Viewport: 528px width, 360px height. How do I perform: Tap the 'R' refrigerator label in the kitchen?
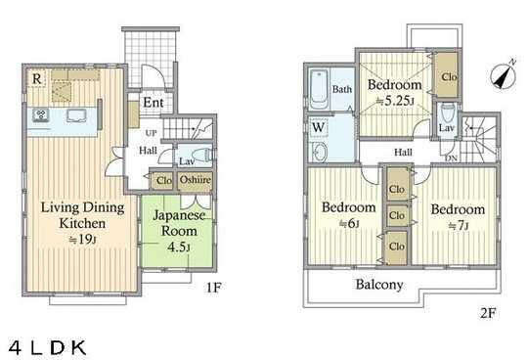coord(35,78)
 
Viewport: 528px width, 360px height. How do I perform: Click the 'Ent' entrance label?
coord(154,103)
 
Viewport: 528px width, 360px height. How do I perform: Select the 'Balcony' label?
coord(377,286)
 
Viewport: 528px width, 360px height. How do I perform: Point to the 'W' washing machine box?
coord(319,126)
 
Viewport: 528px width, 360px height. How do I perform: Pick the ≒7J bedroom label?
coord(458,216)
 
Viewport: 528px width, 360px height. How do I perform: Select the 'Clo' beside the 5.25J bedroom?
coord(449,77)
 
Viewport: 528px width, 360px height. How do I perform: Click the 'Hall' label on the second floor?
coord(402,153)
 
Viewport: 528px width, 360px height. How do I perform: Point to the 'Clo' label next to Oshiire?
coord(162,181)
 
